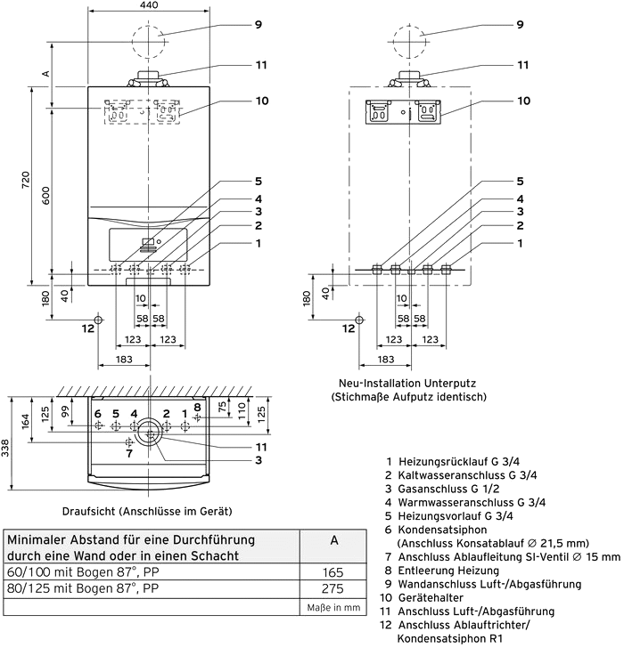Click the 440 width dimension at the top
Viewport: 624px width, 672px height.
pos(149,5)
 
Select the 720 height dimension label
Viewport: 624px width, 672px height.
pos(26,180)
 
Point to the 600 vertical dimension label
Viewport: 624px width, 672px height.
pos(45,196)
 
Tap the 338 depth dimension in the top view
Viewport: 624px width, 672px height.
pos(5,449)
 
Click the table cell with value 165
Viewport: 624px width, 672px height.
pos(333,572)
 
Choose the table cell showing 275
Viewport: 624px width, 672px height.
pos(333,589)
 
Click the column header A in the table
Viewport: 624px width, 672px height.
pos(334,540)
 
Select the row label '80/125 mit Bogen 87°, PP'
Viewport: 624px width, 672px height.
pos(83,588)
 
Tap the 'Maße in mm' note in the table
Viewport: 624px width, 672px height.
pos(333,608)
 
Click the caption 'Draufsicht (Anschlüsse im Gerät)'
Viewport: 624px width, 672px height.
pos(147,511)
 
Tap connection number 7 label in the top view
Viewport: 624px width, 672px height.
pos(129,453)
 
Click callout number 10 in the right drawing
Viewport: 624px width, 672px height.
pos(523,101)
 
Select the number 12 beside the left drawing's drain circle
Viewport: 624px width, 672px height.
pos(88,328)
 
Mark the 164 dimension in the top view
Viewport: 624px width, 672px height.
pos(25,421)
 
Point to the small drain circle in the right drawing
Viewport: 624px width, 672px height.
pos(359,320)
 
